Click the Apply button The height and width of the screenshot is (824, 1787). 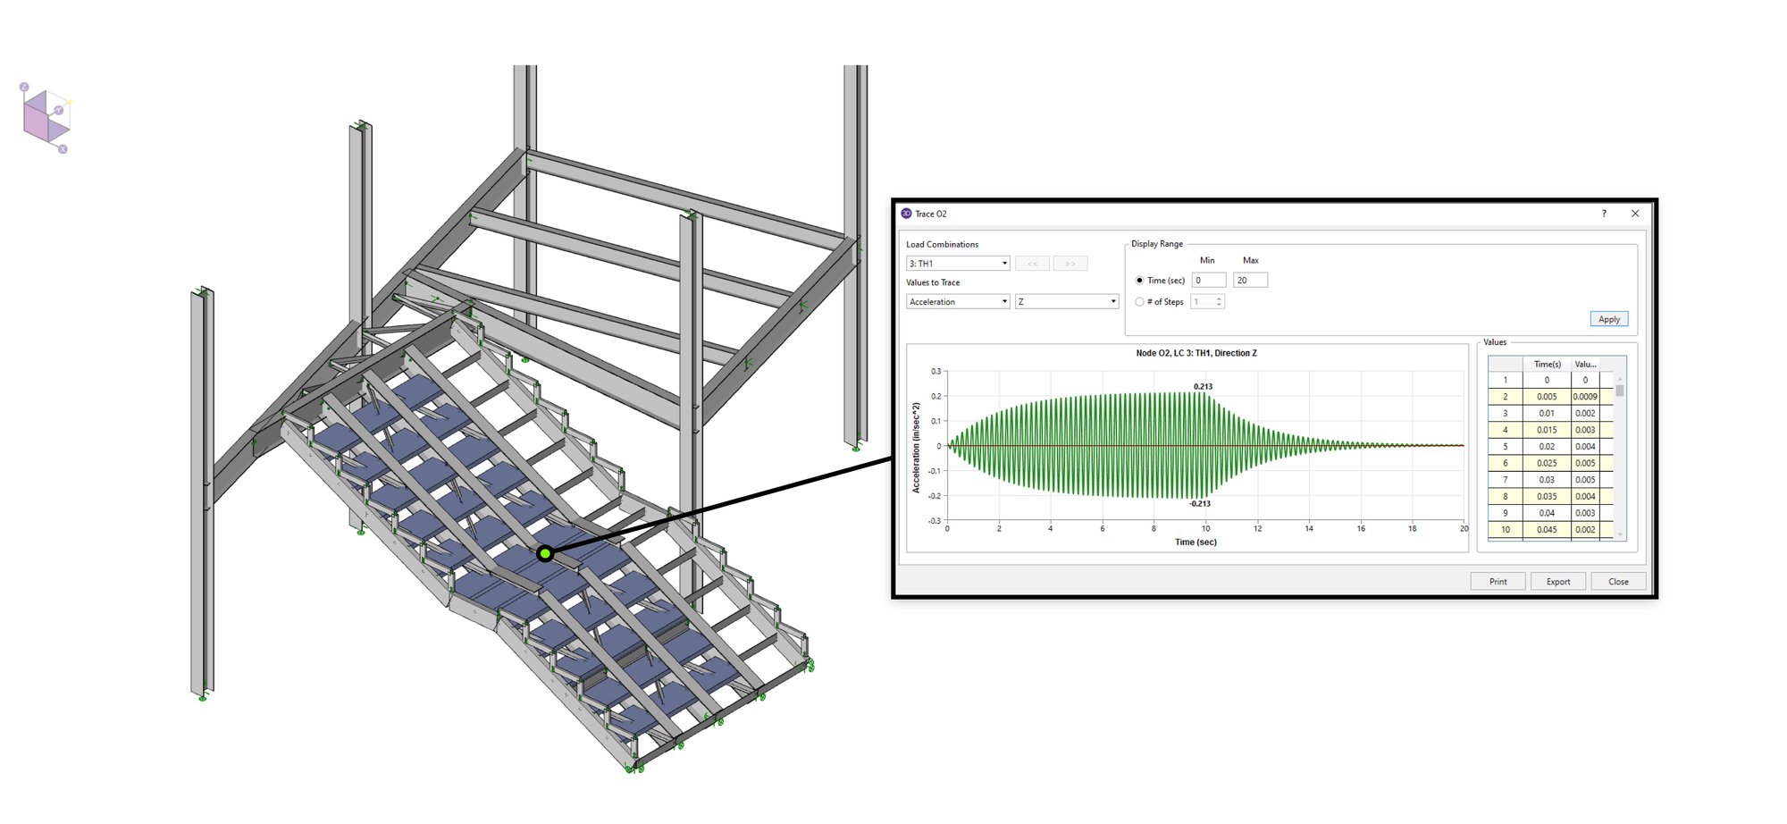coord(1608,319)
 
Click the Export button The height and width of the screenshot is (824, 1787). coord(1558,581)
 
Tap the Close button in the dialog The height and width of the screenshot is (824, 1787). coord(1618,581)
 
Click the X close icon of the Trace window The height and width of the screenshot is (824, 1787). coord(1635,214)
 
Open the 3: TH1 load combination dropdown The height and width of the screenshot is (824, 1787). coord(958,264)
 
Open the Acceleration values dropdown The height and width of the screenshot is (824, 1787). coord(958,302)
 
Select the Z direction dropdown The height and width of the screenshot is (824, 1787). coord(1067,302)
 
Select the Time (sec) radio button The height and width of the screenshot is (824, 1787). coord(1139,281)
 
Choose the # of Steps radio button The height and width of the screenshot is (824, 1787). coord(1139,302)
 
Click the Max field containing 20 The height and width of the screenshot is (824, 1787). coord(1250,281)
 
